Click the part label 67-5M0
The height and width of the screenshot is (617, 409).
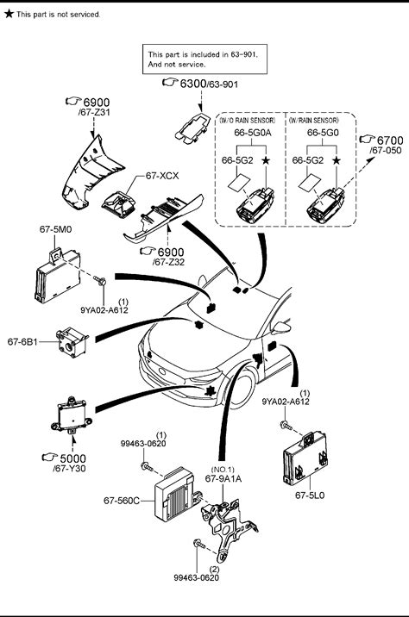tap(55, 229)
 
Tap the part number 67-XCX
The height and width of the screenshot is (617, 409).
tap(162, 176)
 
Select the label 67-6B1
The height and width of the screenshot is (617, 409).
tap(22, 341)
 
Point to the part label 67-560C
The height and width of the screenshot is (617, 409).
tap(122, 501)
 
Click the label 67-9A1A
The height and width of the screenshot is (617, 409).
tap(223, 478)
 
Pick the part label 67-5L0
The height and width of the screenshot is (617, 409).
tap(310, 495)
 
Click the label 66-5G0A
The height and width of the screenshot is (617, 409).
tap(253, 133)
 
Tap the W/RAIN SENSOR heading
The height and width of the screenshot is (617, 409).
tap(313, 120)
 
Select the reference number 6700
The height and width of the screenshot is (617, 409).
tap(390, 140)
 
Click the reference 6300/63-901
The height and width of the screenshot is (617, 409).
tap(209, 84)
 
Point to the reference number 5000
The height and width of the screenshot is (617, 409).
tap(72, 458)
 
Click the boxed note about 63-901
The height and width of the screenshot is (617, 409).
tap(204, 59)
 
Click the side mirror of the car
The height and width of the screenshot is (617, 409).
tap(282, 327)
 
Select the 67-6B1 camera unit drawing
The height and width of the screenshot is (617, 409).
tap(72, 342)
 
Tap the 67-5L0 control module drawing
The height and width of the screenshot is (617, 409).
tap(305, 458)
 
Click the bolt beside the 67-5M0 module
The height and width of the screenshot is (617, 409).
tap(100, 281)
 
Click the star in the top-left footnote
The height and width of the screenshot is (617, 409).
tap(9, 14)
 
